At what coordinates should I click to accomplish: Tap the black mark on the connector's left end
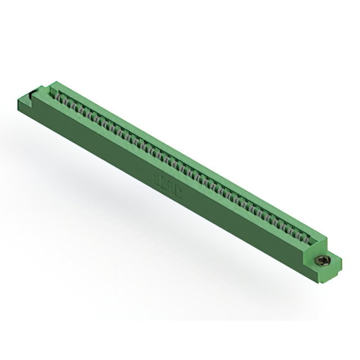tap(41, 88)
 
